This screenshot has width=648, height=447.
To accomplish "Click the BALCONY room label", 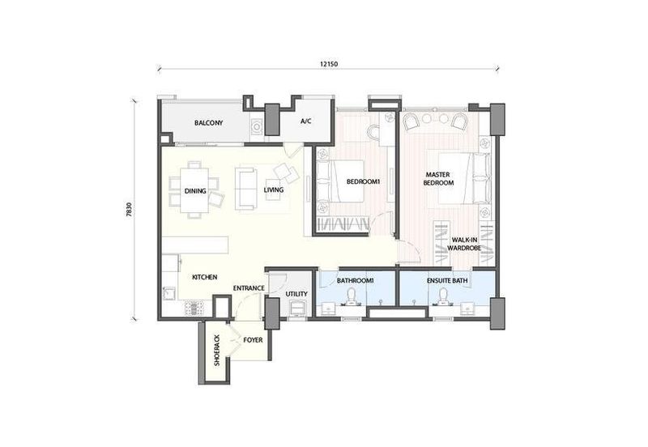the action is point(209,123).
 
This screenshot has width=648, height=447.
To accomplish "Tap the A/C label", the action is point(306,121).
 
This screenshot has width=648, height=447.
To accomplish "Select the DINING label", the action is point(195,191).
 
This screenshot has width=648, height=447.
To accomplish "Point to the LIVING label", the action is point(274,190).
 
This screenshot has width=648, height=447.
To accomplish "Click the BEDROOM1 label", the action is point(363,181).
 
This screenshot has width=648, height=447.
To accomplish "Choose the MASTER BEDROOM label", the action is point(438,179).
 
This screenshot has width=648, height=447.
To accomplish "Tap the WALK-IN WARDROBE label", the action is point(464,245).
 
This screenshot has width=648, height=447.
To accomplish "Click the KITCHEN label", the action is point(205,277).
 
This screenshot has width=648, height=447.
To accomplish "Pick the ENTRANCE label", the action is point(249,288).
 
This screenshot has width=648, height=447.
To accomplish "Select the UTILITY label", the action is point(296,294).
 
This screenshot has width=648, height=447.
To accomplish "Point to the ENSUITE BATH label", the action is point(447,280).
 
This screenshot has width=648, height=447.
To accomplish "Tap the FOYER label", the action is point(253,340).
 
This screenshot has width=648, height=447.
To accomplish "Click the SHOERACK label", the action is point(217,351).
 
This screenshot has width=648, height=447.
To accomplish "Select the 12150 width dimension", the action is point(329,64).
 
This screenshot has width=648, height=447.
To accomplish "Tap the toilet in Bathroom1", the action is point(352,296).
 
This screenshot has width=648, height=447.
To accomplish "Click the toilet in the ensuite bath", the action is point(444,296).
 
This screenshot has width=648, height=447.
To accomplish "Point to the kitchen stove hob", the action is point(194,308).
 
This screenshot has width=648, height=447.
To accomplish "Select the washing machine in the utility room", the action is point(297,308).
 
